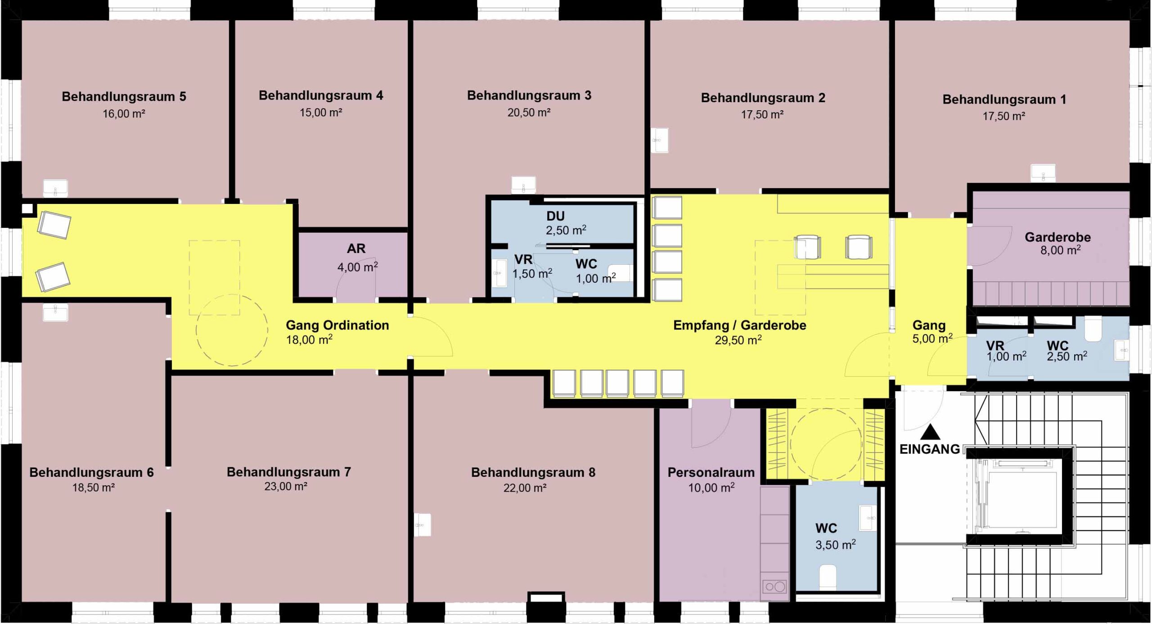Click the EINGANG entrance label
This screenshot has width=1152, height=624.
(930, 449)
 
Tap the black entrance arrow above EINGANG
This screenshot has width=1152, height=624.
(930, 433)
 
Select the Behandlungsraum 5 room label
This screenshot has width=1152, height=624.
(124, 97)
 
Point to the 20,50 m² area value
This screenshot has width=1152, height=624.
(529, 113)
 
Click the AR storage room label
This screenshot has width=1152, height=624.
(356, 248)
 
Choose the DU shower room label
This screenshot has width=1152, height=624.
(555, 216)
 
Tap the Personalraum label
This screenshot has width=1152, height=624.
(711, 472)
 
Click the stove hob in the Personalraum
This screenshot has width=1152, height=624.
(775, 587)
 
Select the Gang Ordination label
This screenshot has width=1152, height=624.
(337, 325)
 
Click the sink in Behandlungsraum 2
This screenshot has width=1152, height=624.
(660, 140)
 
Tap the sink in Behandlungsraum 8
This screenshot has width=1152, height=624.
(422, 525)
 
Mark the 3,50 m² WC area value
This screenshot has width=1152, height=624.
(836, 545)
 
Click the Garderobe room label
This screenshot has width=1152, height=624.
(1057, 237)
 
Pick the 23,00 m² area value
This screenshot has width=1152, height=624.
(286, 487)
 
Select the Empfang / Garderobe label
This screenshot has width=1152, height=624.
(739, 325)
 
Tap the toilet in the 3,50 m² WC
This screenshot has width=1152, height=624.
(828, 577)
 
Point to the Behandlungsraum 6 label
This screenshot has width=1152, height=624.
(91, 472)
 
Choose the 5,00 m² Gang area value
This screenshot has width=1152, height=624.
(932, 338)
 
